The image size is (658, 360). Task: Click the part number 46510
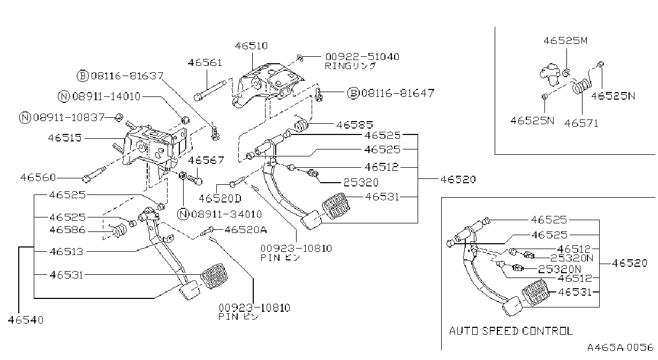tap(251, 46)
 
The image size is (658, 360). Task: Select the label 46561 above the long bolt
tap(205, 63)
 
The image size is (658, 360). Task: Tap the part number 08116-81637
tap(127, 76)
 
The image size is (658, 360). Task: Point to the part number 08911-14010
tap(107, 96)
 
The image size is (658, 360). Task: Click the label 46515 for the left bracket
tap(65, 138)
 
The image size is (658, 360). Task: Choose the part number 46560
tap(38, 177)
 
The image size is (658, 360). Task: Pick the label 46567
tap(206, 161)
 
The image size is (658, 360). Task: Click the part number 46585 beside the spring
tap(354, 125)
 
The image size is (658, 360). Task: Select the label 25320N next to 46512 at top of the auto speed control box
tap(572, 258)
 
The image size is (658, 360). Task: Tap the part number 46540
tap(26, 320)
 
